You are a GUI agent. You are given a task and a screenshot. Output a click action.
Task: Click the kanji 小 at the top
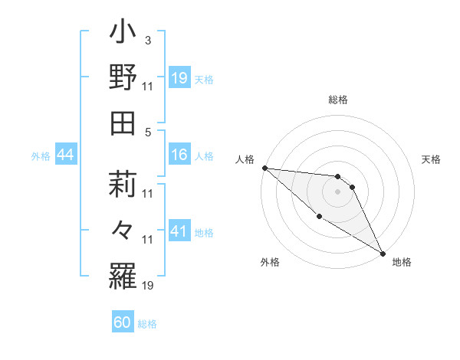click(123, 35)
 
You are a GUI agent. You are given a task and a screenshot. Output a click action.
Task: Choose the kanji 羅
click(123, 273)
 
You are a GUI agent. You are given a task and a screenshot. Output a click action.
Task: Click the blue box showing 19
click(179, 77)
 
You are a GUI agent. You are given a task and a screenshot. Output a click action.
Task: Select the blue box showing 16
click(179, 155)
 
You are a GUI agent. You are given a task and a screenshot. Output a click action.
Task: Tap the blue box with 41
click(179, 231)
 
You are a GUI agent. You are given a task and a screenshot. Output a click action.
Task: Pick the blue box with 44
click(65, 155)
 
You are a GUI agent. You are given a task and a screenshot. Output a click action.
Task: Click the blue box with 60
click(123, 322)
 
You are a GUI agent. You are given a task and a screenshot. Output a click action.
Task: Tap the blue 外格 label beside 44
click(41, 156)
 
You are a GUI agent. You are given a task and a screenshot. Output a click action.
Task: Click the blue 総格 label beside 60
click(147, 323)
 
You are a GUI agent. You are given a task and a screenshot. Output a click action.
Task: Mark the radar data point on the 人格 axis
click(264, 168)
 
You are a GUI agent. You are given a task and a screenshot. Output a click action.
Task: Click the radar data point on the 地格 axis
click(381, 253)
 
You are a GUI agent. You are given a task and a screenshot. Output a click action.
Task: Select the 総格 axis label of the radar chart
click(337, 100)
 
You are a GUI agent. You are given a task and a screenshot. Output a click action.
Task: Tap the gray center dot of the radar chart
click(337, 191)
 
